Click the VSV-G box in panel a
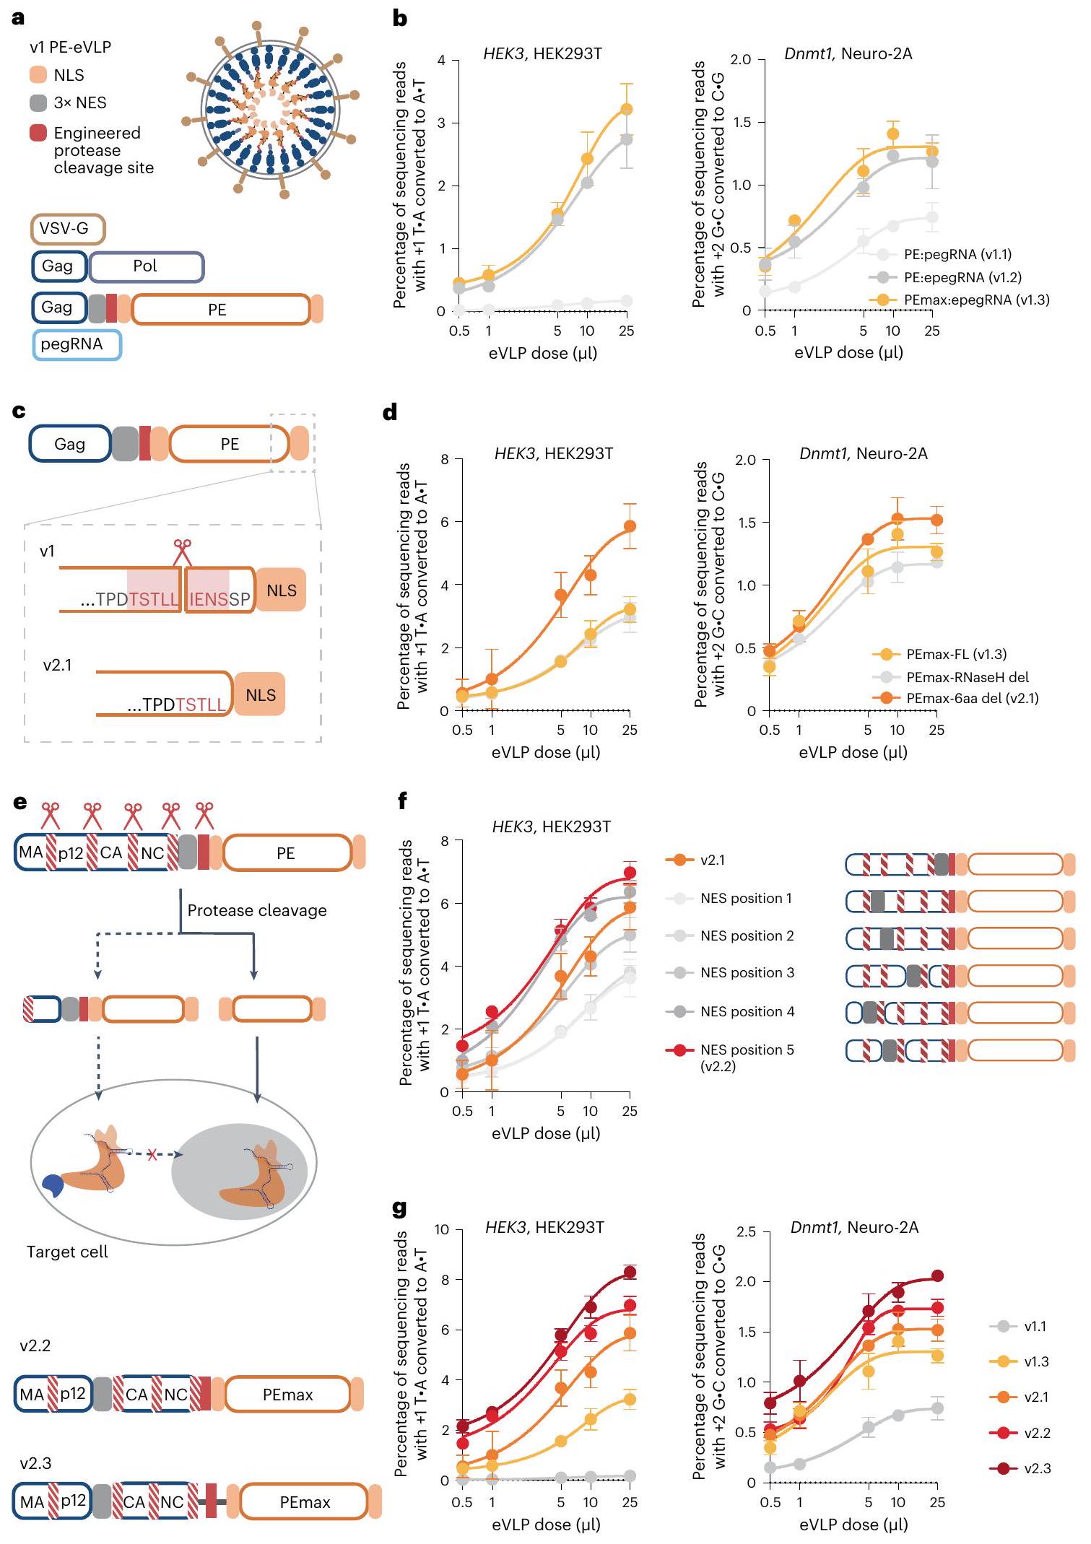coord(68,229)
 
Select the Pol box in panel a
coord(146,266)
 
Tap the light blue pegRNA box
coord(77,344)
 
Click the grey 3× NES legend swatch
coord(38,103)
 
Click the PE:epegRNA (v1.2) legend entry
coord(962,277)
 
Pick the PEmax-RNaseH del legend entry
coord(967,677)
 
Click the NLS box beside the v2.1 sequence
coord(260,694)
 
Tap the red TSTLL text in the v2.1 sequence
coord(200,705)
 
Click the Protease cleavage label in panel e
coord(257,910)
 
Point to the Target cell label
coord(67,1252)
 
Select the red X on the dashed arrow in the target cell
coord(152,1155)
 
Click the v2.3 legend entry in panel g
coord(1037,1468)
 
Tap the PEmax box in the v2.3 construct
coord(305,1502)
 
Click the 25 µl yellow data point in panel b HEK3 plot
coord(627,109)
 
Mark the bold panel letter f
coord(402,801)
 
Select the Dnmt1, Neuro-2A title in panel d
coord(863,453)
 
